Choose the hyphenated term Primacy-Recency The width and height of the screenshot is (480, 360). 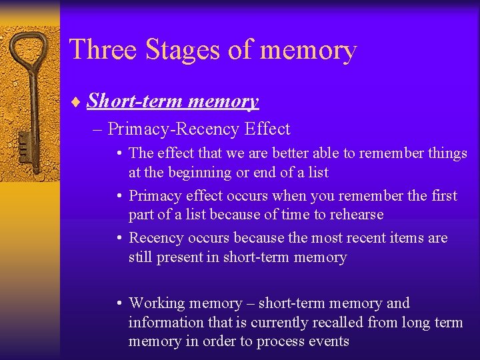[174, 128]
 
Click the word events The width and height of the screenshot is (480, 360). [327, 342]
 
